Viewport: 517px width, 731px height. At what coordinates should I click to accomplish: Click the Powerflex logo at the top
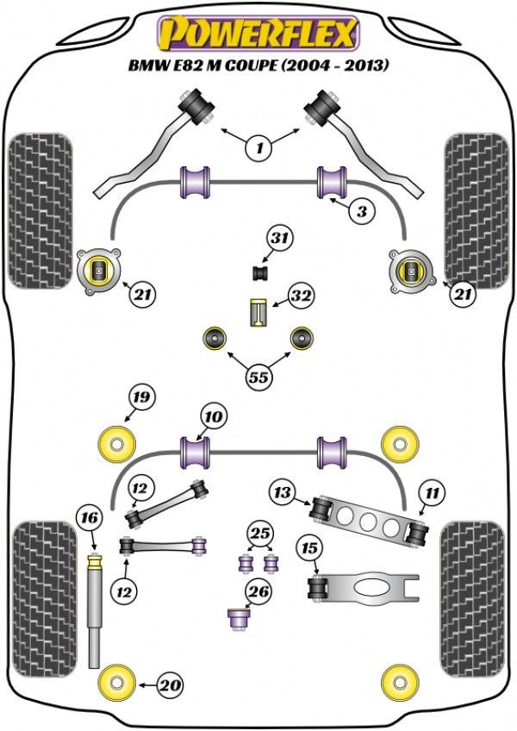pyautogui.click(x=257, y=33)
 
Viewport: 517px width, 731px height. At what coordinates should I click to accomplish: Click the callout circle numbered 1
pyautogui.click(x=258, y=147)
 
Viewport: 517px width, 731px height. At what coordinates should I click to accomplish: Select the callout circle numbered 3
pyautogui.click(x=363, y=211)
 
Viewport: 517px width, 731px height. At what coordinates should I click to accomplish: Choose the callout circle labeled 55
pyautogui.click(x=258, y=376)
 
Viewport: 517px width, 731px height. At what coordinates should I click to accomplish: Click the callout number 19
pyautogui.click(x=140, y=398)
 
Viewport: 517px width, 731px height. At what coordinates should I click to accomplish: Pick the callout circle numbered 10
pyautogui.click(x=214, y=418)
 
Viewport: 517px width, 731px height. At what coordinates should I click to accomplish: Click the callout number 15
pyautogui.click(x=308, y=547)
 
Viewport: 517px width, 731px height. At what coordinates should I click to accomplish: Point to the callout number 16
pyautogui.click(x=89, y=519)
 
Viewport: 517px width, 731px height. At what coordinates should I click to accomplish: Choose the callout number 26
pyautogui.click(x=258, y=591)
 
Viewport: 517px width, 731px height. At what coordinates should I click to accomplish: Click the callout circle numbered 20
pyautogui.click(x=171, y=685)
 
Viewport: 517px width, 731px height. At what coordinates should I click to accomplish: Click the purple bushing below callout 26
pyautogui.click(x=238, y=618)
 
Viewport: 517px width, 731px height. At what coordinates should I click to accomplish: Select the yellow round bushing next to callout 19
pyautogui.click(x=115, y=443)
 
